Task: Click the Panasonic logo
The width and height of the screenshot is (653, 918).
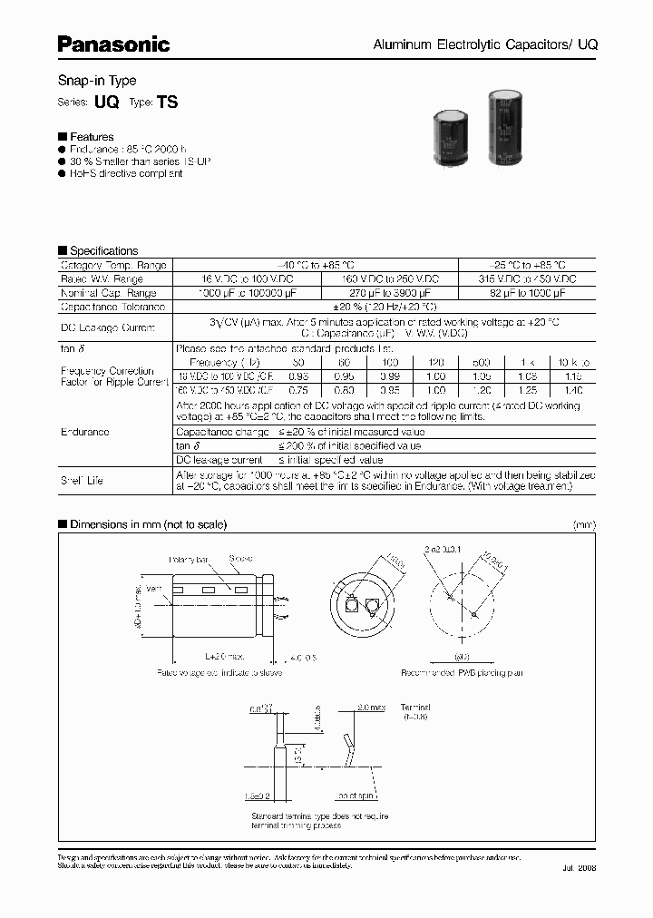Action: pos(113,43)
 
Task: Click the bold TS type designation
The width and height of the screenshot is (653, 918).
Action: pos(168,103)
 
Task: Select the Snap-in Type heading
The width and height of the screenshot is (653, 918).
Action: pos(97,81)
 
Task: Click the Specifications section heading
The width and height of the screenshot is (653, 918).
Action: pos(98,250)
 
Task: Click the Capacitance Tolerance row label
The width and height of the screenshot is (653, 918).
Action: pos(108,308)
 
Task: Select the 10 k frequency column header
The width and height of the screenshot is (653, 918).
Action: pos(573,361)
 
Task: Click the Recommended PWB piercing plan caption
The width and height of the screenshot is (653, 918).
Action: pos(463,673)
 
